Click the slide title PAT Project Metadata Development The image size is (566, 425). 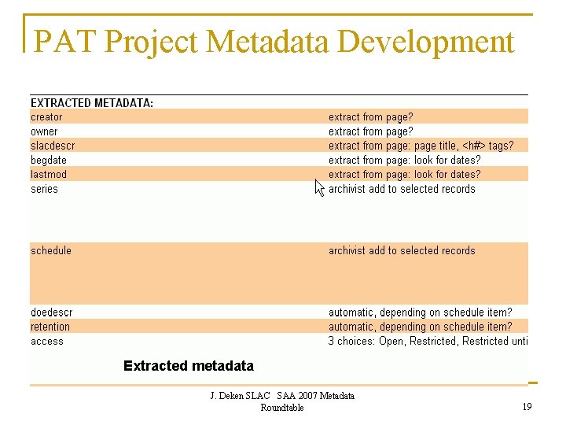(274, 41)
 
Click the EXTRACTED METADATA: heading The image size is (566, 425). (92, 103)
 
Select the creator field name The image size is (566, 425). (46, 117)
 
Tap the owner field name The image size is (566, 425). (44, 131)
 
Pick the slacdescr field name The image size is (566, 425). (53, 146)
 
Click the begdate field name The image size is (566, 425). (50, 160)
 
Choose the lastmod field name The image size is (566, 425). (49, 174)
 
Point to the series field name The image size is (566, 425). (44, 189)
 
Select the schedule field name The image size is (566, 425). (51, 250)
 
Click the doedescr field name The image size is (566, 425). (52, 312)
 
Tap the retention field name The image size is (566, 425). (50, 327)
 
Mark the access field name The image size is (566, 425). (47, 341)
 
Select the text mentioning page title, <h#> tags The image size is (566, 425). (421, 146)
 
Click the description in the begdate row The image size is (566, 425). (404, 160)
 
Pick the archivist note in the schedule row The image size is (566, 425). (402, 250)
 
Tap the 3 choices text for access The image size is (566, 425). (428, 341)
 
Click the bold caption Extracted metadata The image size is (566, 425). (189, 366)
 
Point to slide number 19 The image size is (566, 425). (526, 407)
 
